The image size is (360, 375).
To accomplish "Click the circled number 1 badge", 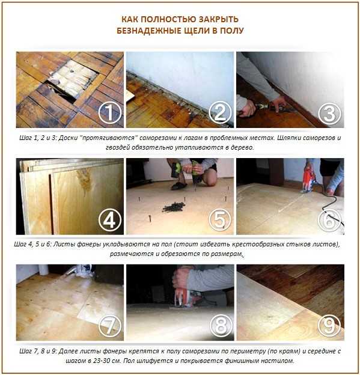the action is point(110,112).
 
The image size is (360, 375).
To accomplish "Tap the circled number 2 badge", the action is point(220,112).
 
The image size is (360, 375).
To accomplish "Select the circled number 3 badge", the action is point(330,114).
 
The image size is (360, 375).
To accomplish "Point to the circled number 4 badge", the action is point(110,220).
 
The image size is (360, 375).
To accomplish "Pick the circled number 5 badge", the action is point(220,219).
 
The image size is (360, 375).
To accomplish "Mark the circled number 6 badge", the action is point(330,221).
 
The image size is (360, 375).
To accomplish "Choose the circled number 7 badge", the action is point(110,326).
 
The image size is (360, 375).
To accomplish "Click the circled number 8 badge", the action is point(221,326).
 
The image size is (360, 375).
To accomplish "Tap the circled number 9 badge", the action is point(330,326).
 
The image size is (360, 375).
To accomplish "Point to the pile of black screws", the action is point(174,207).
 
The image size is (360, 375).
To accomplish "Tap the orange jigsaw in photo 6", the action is point(310,179).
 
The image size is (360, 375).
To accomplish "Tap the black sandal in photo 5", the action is point(180,186).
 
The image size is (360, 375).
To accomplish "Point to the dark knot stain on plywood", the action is point(84,181).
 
